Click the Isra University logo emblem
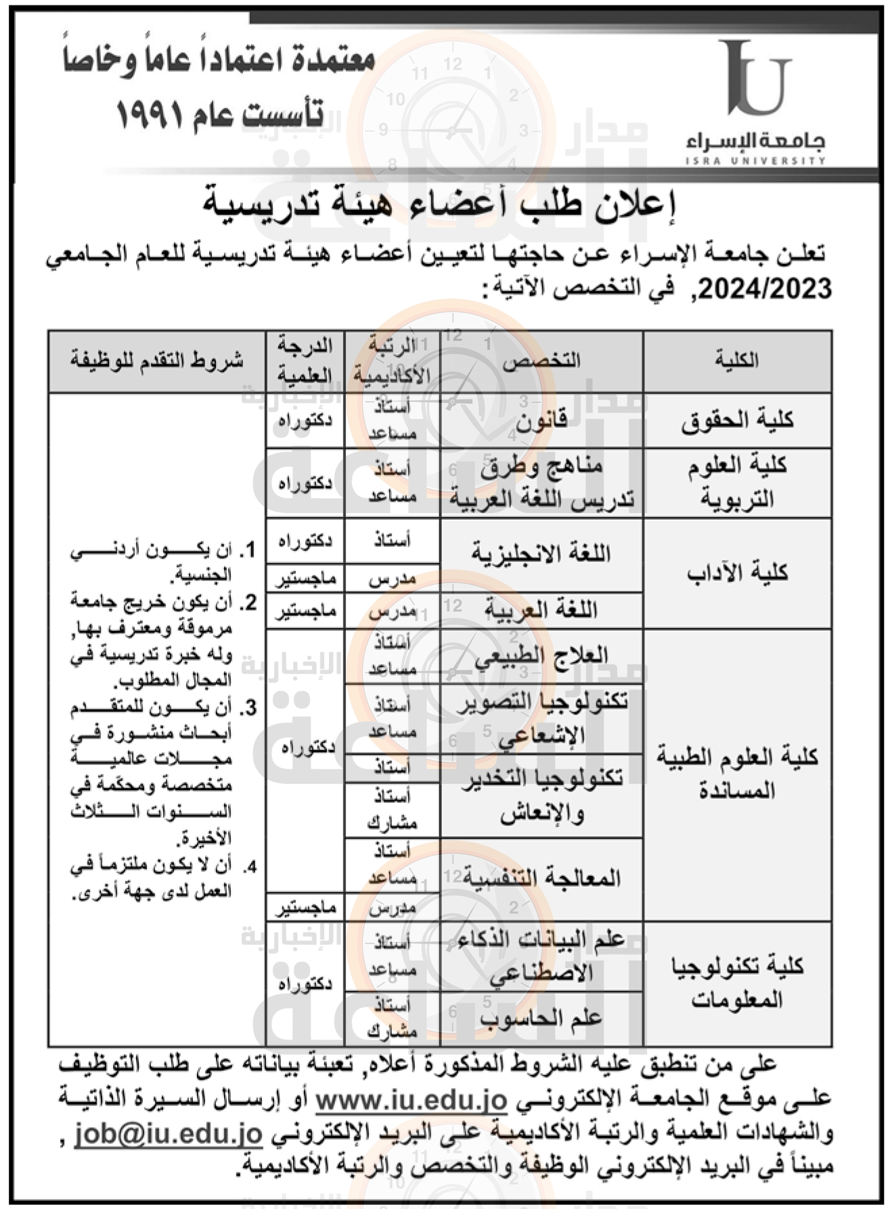point(754,79)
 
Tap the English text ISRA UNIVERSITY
point(755,161)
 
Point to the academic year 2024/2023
point(765,289)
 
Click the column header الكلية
point(737,360)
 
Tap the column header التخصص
point(541,360)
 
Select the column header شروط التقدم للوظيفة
point(156,360)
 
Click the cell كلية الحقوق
point(737,420)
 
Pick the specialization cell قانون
point(541,421)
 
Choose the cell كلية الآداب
point(737,573)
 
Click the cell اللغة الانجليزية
point(541,554)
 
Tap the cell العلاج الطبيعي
point(541,655)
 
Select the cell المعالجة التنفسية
point(541,879)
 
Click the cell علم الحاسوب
point(541,1017)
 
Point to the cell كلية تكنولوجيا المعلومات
point(737,982)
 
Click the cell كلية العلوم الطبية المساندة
point(737,773)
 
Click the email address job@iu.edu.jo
point(168,1133)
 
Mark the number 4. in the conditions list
point(250,866)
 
